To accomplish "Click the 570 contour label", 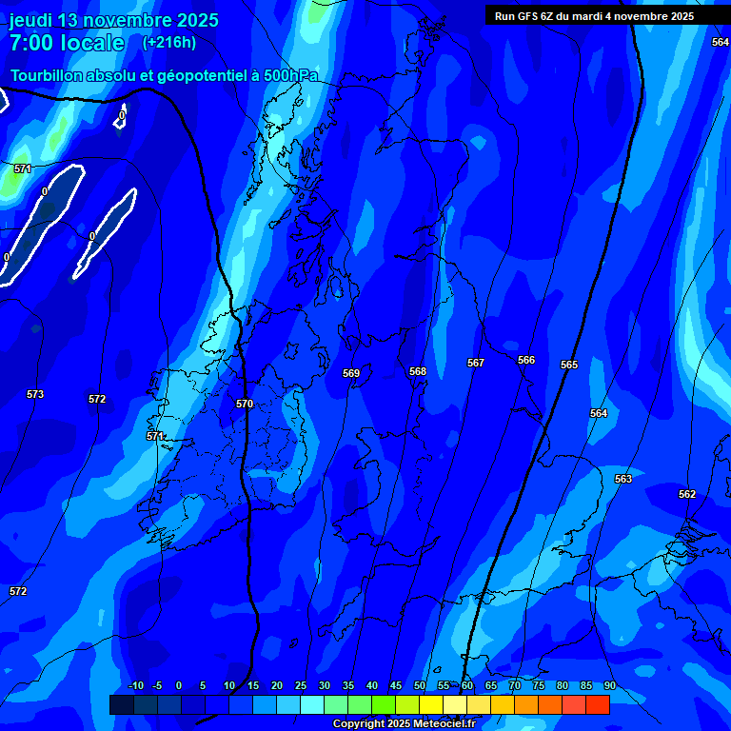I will point(245,404).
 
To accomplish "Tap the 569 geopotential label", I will point(351,373).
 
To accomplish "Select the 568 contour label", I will point(418,371).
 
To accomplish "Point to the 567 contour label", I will point(476,363).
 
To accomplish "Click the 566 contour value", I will point(526,360).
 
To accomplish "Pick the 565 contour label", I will point(569,365).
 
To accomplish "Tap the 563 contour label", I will point(623,479).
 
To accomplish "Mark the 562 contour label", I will point(687,494).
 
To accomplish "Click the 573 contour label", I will point(35,394).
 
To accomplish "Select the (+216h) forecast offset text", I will point(169,42).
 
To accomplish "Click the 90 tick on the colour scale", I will point(609,685).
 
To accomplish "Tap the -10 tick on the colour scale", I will point(135,685).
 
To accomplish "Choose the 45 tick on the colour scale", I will point(395,685).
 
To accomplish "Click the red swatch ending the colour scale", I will point(597,704).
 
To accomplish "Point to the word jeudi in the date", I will point(30,20).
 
